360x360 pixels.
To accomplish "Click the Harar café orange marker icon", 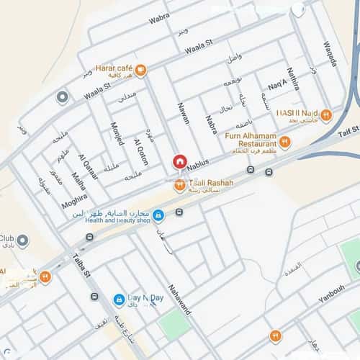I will (x=140, y=70).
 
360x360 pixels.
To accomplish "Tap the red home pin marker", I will (x=180, y=162).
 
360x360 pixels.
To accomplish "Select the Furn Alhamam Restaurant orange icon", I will (x=284, y=143).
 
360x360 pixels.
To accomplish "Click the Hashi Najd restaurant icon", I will (x=325, y=115).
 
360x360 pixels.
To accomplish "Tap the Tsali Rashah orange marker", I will (x=179, y=186).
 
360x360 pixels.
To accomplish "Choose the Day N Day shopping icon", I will (x=119, y=300).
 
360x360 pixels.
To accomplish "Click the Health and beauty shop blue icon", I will (x=158, y=215).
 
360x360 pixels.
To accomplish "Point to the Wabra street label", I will (x=159, y=18).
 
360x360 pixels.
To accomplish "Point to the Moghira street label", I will (x=74, y=201).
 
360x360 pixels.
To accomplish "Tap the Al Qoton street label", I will (x=140, y=151).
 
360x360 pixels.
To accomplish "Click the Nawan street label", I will (x=183, y=112).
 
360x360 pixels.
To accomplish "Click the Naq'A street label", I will (x=277, y=86).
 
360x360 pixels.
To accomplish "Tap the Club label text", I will (x=7, y=238).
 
